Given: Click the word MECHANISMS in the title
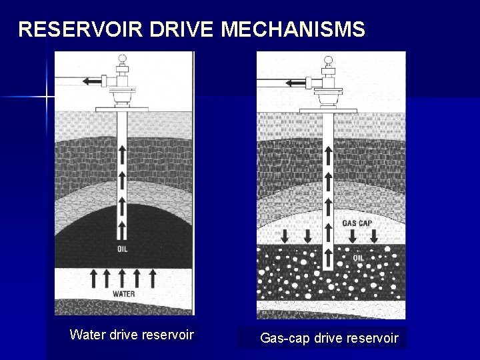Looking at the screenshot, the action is click(x=293, y=29).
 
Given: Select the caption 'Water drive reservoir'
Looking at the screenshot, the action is click(x=131, y=335).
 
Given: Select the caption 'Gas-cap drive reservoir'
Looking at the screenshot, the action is click(x=329, y=338).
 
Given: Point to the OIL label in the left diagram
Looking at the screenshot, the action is click(x=123, y=249).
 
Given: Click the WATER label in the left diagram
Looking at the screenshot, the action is click(x=123, y=294).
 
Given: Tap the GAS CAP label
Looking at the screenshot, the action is click(x=357, y=223).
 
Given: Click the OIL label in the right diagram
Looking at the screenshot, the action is click(x=358, y=257).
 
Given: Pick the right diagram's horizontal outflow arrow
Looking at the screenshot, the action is click(x=295, y=83).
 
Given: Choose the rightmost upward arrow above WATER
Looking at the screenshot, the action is click(x=153, y=277).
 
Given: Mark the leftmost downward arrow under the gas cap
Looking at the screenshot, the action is click(x=285, y=236).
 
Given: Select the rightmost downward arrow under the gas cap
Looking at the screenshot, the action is click(x=374, y=236).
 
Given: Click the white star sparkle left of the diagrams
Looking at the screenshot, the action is click(x=47, y=97).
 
